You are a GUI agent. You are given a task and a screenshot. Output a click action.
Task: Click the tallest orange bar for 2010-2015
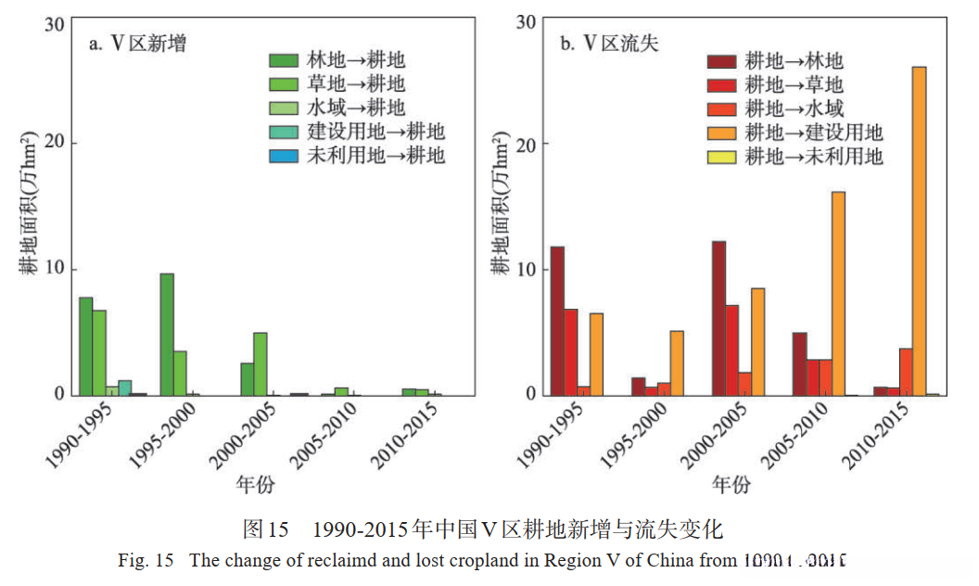point(919,231)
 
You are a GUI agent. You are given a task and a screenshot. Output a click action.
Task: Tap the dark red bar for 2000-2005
point(718,318)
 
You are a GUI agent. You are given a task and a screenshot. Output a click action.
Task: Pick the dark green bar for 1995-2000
point(167,334)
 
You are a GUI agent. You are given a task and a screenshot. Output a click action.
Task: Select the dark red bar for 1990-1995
point(557,321)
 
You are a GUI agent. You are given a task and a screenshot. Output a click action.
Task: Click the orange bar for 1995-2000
point(677,363)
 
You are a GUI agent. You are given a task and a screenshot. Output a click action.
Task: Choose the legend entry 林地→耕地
point(338,61)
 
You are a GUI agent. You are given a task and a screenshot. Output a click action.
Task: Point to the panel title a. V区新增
point(137,43)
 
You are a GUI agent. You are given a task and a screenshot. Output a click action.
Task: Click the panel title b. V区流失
point(609,43)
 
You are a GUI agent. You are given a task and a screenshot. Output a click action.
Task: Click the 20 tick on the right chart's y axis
point(525,145)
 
